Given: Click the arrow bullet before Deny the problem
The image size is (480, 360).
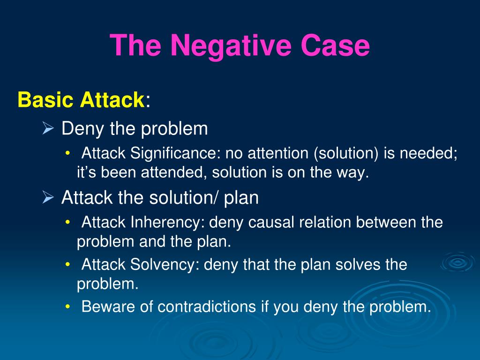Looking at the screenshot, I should [x=48, y=128].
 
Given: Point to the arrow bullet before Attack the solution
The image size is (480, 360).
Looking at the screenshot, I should [x=48, y=198].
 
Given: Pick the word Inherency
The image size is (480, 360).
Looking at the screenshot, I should [x=167, y=222].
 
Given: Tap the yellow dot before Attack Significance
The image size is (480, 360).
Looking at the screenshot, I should [x=68, y=153].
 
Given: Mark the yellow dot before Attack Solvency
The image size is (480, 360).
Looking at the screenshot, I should [x=68, y=264].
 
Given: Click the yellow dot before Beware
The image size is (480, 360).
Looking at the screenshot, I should [x=68, y=307].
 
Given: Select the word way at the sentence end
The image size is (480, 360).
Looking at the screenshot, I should [x=356, y=172].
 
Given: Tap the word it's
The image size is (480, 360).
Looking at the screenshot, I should [x=87, y=172].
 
